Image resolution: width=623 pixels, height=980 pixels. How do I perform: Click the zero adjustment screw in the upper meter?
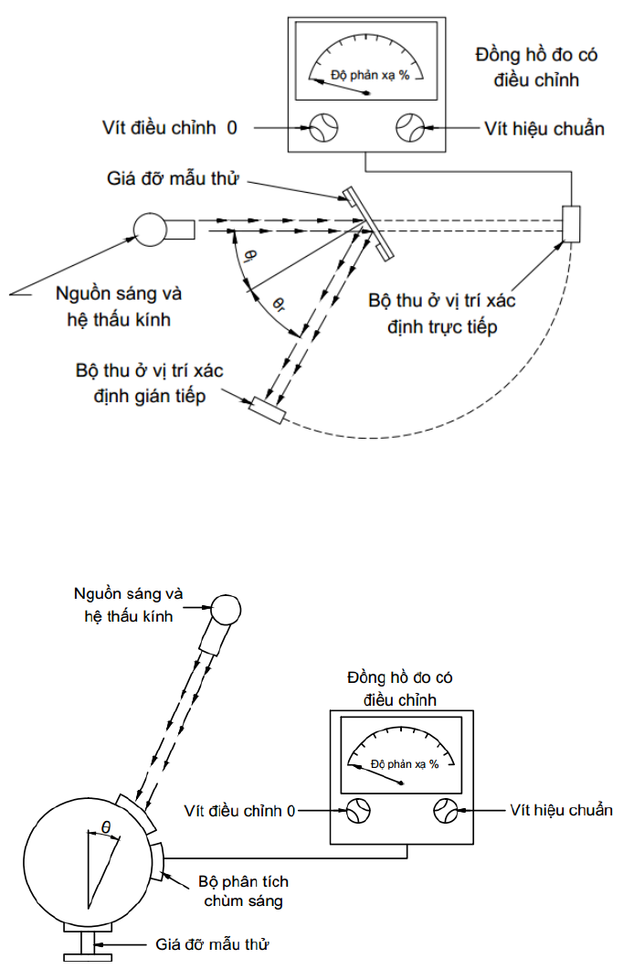(x=324, y=127)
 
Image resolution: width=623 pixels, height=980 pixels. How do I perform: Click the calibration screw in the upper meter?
(x=410, y=127)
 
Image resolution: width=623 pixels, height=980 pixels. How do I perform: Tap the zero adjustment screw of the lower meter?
(x=358, y=811)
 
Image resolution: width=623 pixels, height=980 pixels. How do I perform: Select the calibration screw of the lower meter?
(x=446, y=811)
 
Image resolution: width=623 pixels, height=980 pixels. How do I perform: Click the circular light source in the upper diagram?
(x=151, y=229)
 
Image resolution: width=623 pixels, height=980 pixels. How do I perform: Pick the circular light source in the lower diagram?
(x=226, y=610)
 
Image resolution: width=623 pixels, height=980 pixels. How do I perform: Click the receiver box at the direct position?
(x=571, y=224)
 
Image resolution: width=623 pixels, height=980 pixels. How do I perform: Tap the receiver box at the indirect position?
(x=267, y=410)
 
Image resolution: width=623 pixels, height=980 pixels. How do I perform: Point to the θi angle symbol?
(x=249, y=257)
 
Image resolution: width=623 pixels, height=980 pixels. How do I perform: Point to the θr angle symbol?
(x=279, y=304)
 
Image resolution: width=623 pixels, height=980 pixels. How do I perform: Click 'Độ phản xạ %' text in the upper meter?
(x=370, y=75)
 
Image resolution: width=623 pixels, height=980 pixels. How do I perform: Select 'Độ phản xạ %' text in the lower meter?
(x=405, y=763)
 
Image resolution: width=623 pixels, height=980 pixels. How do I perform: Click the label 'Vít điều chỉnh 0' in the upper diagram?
(x=170, y=128)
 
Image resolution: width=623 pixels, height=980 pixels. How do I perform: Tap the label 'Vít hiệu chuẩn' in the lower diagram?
(x=561, y=810)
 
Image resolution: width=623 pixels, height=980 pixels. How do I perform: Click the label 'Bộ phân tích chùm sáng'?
(x=244, y=891)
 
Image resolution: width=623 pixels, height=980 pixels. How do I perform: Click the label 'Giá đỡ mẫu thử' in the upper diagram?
(x=173, y=179)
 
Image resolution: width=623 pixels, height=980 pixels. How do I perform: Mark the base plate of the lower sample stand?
(x=88, y=957)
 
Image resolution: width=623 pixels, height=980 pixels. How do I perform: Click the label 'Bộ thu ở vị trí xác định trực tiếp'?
(x=442, y=314)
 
